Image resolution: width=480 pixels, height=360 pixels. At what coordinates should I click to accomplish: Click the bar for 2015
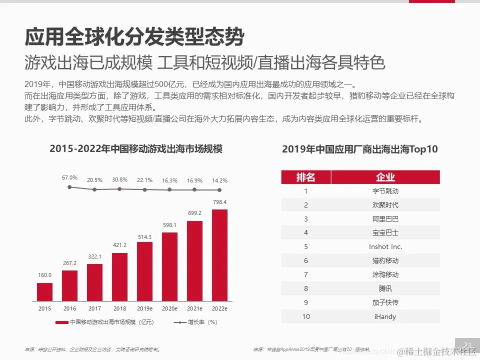coord(44,291)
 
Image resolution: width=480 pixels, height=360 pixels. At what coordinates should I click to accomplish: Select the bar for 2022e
coord(219,254)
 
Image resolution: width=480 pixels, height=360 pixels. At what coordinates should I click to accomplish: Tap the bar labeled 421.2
coord(119,276)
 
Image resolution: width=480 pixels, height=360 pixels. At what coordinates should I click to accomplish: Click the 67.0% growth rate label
coord(69,177)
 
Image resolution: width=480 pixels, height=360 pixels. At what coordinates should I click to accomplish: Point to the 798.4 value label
coord(219,202)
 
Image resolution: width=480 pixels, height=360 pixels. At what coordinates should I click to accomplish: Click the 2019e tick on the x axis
coord(144,308)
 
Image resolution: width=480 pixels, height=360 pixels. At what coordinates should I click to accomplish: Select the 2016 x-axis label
coord(69,308)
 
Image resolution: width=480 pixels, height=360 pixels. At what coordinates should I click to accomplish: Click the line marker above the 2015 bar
coord(69,187)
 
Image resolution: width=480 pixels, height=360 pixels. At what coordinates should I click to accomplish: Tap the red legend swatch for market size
coord(62,322)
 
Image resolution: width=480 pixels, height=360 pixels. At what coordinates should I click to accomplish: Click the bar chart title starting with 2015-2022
coord(135,148)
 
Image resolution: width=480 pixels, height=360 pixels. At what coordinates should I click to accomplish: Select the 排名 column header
coord(306,177)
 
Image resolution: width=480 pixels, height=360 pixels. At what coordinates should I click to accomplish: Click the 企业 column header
coord(385,177)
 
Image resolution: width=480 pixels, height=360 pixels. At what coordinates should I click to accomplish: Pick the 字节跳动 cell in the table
coord(385,191)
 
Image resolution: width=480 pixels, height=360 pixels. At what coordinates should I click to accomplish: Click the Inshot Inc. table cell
coord(385,246)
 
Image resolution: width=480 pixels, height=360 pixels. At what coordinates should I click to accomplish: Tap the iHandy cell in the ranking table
coord(385,316)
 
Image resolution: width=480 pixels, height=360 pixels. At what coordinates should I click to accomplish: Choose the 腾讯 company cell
coord(385,288)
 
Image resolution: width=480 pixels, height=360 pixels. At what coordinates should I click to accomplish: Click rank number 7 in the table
coord(306,274)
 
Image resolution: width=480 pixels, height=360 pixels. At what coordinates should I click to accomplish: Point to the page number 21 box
coord(468,345)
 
